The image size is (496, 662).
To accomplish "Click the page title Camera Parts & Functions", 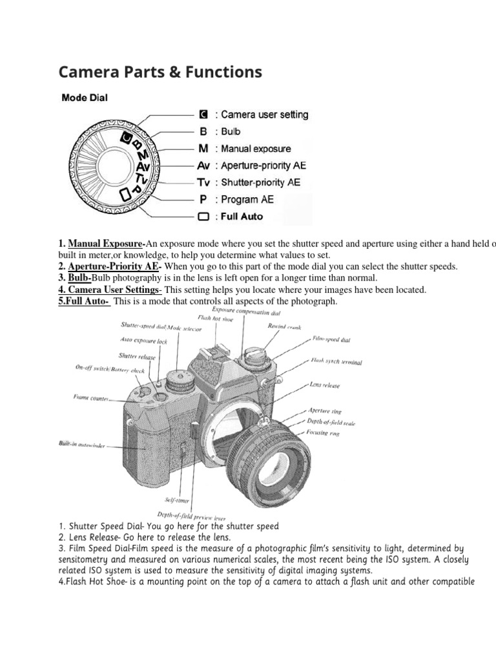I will [160, 71].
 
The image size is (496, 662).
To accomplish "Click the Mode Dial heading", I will [84, 98].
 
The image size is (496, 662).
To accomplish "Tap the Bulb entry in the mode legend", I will [220, 131].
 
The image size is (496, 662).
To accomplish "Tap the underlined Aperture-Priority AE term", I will [114, 267].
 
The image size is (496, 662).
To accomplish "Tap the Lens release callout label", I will [324, 385].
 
